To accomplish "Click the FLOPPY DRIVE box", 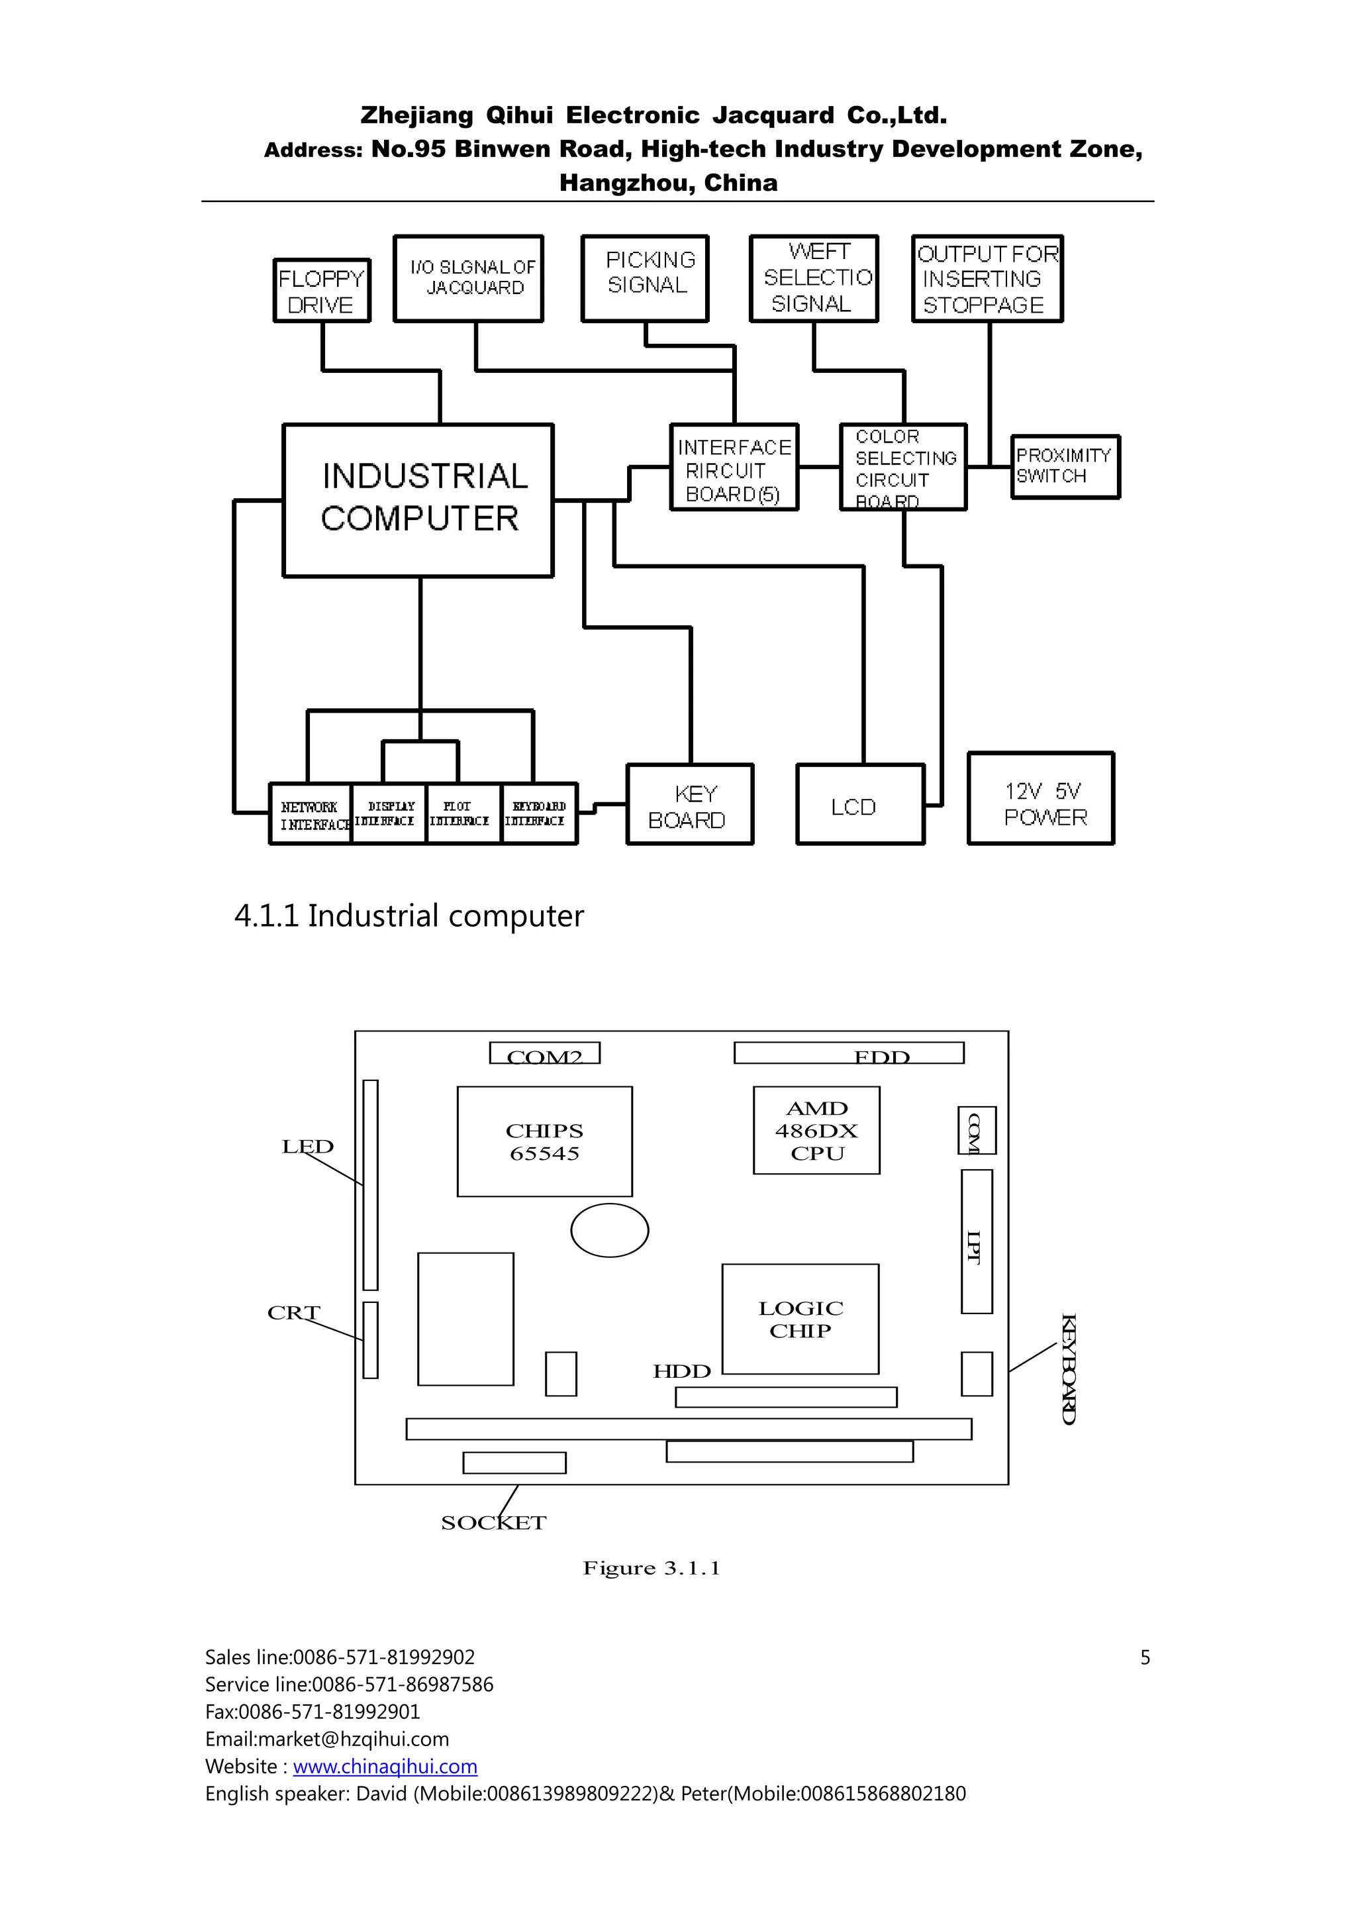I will point(322,290).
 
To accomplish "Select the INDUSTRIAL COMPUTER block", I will point(418,500).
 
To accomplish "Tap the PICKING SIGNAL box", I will point(645,278).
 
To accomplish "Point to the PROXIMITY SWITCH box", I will point(1065,466).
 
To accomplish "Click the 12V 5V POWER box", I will point(1041,798).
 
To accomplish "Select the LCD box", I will point(859,804).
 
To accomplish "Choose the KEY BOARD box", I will point(689,804).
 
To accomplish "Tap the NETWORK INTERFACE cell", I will point(311,814).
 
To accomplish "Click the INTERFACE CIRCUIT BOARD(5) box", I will point(734,467).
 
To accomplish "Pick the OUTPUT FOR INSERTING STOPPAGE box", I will point(987,278).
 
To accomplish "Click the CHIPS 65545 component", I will point(544,1141).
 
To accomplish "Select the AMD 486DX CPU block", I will point(816,1130).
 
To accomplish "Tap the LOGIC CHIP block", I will point(800,1318).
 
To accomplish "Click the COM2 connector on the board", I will point(544,1053).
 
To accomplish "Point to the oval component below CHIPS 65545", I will point(609,1230).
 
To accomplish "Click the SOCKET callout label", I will point(493,1523).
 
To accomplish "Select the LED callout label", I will point(307,1147).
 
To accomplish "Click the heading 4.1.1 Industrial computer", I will point(409,916).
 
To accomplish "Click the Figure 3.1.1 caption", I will point(651,1568).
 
